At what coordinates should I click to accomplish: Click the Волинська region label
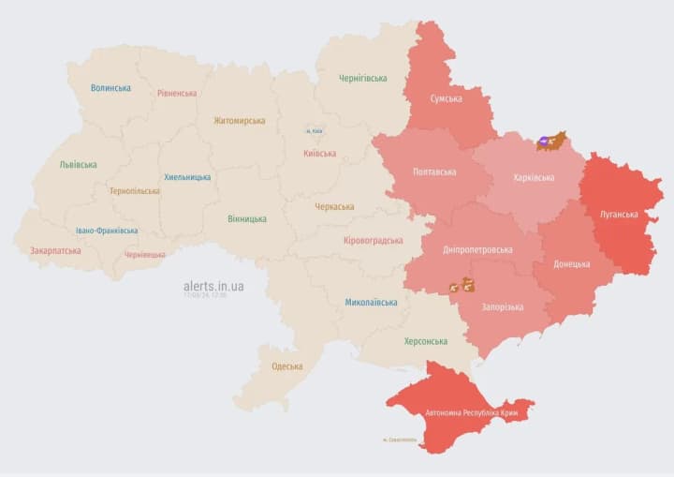pos(110,88)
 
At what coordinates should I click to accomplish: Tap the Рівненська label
pos(177,93)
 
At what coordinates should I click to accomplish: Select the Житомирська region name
pos(239,120)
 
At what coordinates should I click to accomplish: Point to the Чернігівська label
pos(362,78)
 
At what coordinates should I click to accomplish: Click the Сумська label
pos(446,98)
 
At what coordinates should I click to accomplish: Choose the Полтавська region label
pos(434,172)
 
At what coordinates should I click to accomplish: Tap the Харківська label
pos(534,177)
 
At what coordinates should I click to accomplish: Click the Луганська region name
pos(619,214)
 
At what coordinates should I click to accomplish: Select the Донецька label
pos(571,264)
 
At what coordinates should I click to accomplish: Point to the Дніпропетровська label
pos(478,250)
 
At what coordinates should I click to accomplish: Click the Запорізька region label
pos(503,306)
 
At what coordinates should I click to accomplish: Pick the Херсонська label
pos(425,341)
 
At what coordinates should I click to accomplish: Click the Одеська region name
pos(286,366)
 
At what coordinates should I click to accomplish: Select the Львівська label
pos(78,164)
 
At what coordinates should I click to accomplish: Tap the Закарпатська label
pos(55,250)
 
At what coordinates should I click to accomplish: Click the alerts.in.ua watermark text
pos(213,285)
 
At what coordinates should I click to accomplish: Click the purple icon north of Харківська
pos(544,143)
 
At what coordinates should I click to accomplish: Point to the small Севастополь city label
pos(402,440)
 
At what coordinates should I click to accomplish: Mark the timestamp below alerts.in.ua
pos(205,295)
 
